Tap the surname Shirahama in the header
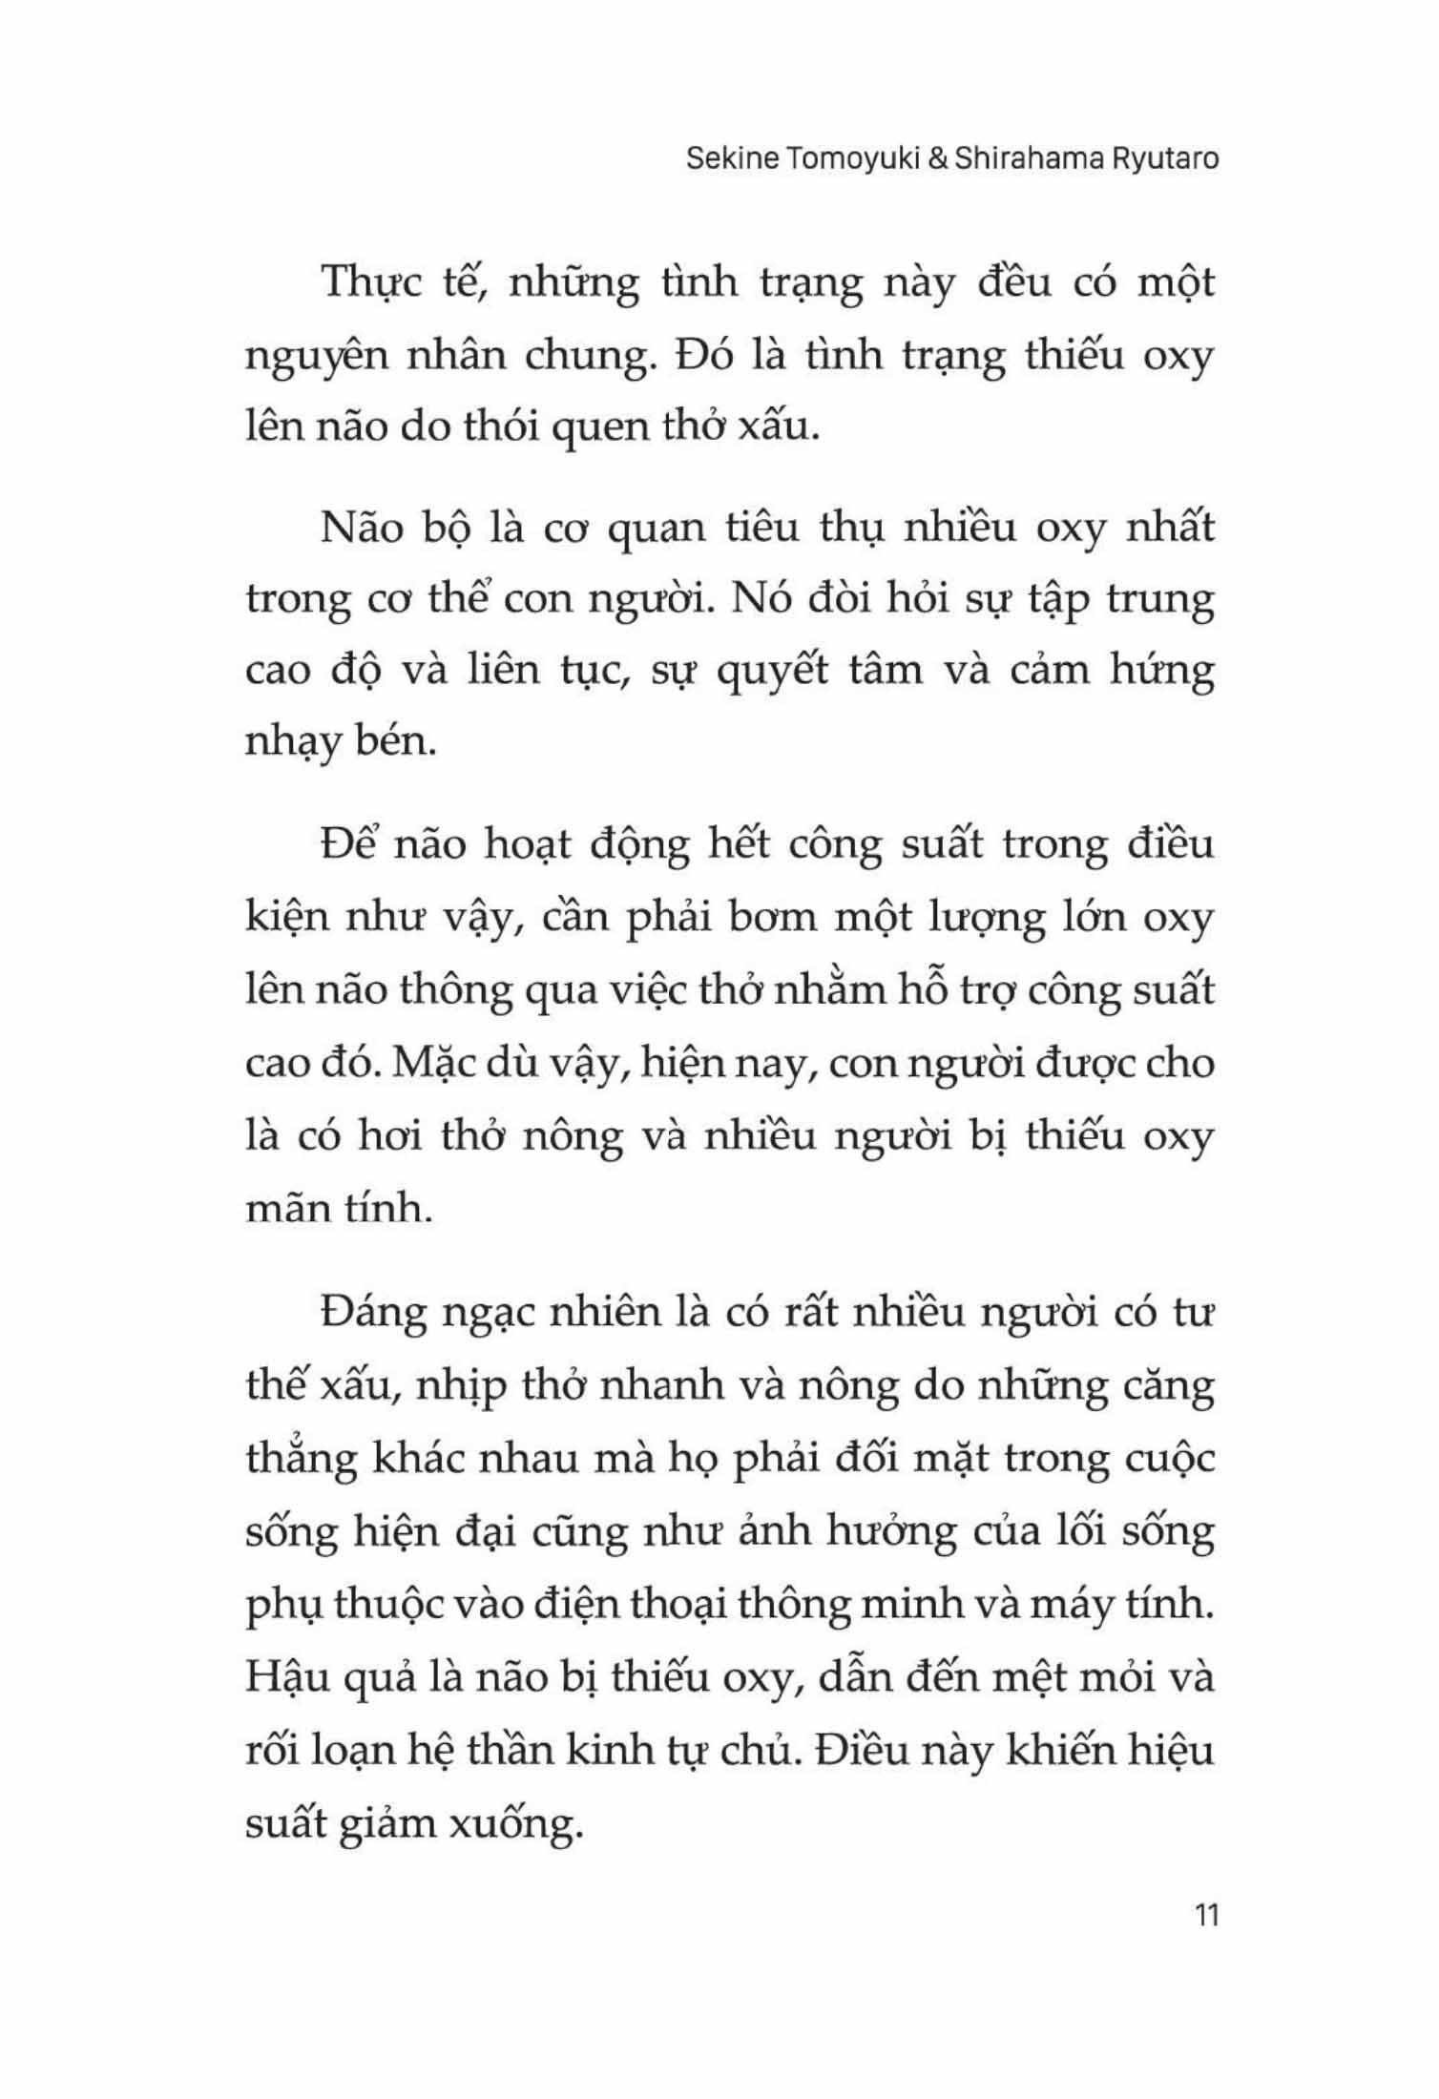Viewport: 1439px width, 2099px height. click(x=1027, y=158)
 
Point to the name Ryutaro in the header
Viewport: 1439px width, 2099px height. click(x=1165, y=158)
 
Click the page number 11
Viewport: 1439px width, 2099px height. click(x=1206, y=1915)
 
